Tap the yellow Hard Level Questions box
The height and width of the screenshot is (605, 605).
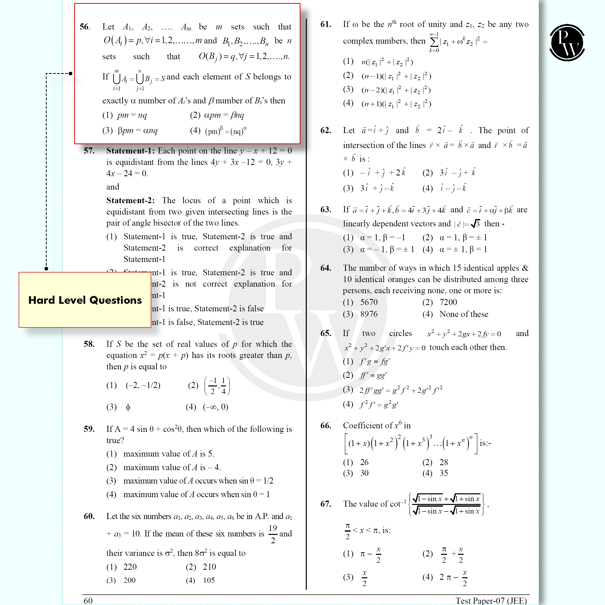click(x=85, y=300)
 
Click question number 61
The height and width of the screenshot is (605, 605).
click(x=326, y=24)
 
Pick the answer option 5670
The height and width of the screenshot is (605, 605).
click(x=369, y=302)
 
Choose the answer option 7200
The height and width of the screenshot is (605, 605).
click(x=448, y=302)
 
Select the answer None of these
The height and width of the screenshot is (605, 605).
click(x=464, y=314)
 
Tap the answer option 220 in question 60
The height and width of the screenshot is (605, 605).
click(x=130, y=567)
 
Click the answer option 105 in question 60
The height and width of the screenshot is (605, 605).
click(x=209, y=580)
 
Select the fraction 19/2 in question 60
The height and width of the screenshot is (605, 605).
click(x=273, y=534)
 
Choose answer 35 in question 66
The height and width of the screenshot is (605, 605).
click(x=444, y=473)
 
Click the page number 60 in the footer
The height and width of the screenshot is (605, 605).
click(x=88, y=600)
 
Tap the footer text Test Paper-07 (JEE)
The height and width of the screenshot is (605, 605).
click(x=491, y=600)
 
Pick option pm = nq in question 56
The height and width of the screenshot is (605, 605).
click(x=132, y=115)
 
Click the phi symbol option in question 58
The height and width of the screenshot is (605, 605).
click(x=128, y=407)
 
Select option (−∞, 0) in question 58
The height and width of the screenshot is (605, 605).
click(x=216, y=407)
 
